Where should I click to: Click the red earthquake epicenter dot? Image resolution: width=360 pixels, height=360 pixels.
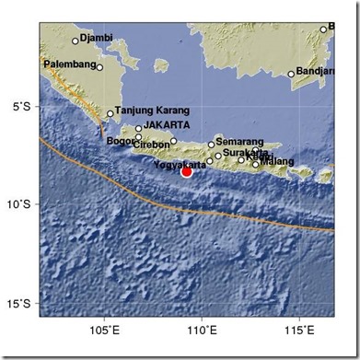point(186,170)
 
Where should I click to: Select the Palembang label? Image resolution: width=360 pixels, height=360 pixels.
point(69,65)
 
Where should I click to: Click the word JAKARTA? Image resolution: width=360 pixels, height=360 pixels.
point(168,126)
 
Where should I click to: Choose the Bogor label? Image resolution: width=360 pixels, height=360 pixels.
point(121,141)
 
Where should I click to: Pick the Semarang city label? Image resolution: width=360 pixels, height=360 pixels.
point(241,143)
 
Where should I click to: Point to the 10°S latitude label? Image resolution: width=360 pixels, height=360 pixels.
point(21,204)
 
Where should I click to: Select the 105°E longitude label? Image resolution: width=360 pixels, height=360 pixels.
point(104,330)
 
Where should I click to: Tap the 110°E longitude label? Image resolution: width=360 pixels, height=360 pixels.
point(202,330)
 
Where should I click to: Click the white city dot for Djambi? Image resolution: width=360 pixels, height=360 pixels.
point(75,41)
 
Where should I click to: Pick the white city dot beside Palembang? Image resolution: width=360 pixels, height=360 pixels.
point(99,66)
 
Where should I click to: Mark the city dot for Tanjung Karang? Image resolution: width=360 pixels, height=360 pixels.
point(110,114)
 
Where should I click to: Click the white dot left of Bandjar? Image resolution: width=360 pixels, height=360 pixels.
point(291,74)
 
